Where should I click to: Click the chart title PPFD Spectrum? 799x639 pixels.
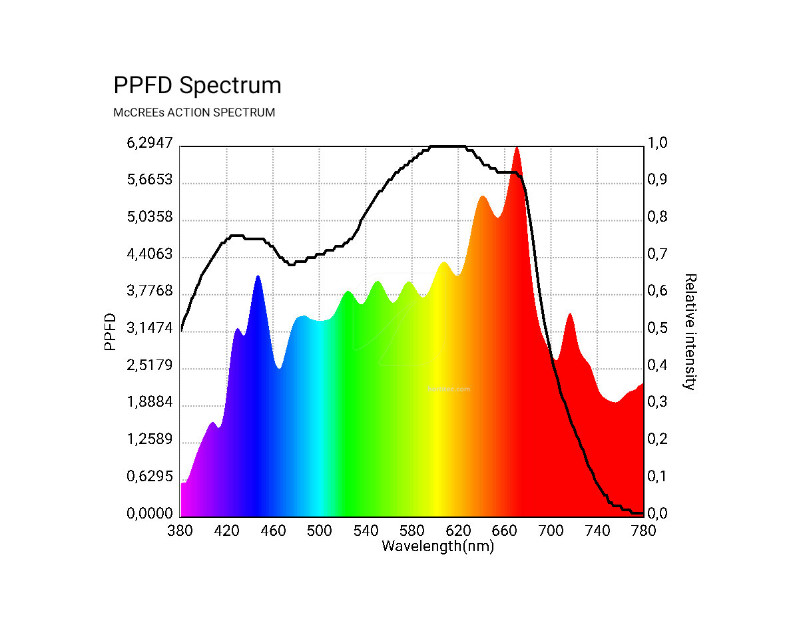(197, 86)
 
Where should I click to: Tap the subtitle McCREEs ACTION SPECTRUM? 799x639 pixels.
(194, 112)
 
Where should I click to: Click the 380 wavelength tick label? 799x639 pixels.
(180, 531)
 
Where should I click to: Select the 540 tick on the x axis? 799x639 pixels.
(366, 531)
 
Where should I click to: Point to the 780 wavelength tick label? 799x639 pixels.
(643, 531)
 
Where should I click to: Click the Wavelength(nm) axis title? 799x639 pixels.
(437, 546)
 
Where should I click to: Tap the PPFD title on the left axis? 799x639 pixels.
(111, 331)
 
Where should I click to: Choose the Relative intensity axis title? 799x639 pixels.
(690, 331)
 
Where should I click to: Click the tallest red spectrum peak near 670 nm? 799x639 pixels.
(516, 149)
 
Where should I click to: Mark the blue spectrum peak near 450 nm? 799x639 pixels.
(258, 276)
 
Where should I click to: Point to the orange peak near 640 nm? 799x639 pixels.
(483, 197)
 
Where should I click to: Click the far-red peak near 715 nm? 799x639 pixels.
(569, 314)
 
